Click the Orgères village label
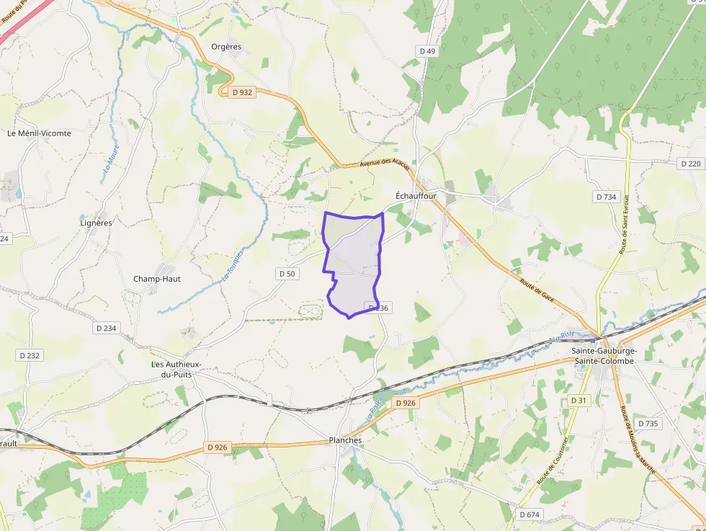226,47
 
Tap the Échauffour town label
416,195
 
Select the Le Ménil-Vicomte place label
39,133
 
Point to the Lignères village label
96,223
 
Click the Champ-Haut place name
157,279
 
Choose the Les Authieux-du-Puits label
176,370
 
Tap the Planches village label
345,440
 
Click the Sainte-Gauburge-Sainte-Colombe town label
604,356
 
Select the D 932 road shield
242,92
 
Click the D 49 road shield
427,51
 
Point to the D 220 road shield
689,164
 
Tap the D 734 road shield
607,197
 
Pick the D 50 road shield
287,274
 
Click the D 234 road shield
106,328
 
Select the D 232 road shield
30,356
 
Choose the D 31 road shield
578,400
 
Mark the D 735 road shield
648,424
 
